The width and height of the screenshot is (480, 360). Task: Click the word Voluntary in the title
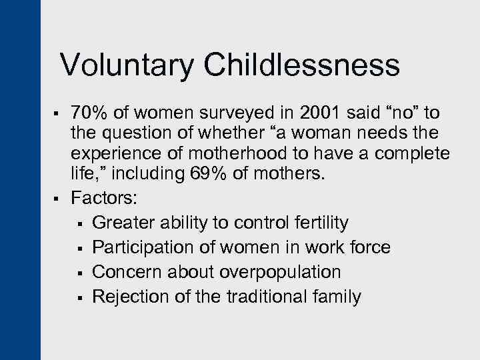coord(127,65)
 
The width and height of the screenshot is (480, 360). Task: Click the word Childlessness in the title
coord(302,65)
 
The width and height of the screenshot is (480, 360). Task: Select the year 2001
coord(315,113)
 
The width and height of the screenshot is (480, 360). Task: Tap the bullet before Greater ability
coord(80,223)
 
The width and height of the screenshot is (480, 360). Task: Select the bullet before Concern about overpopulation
coord(80,273)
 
